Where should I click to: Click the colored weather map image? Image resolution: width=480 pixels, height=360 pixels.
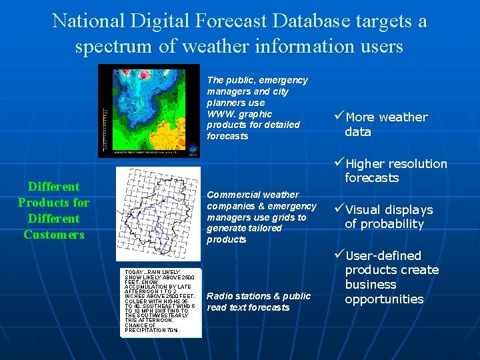point(149,111)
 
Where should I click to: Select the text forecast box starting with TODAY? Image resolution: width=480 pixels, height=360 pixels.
point(160,301)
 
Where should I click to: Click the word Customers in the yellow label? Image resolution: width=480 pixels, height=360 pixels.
point(53,235)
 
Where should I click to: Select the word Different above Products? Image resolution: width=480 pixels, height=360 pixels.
point(53,187)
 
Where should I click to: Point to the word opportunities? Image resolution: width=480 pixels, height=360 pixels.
point(384,299)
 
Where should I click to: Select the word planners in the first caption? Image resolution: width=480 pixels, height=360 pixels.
point(226,103)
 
